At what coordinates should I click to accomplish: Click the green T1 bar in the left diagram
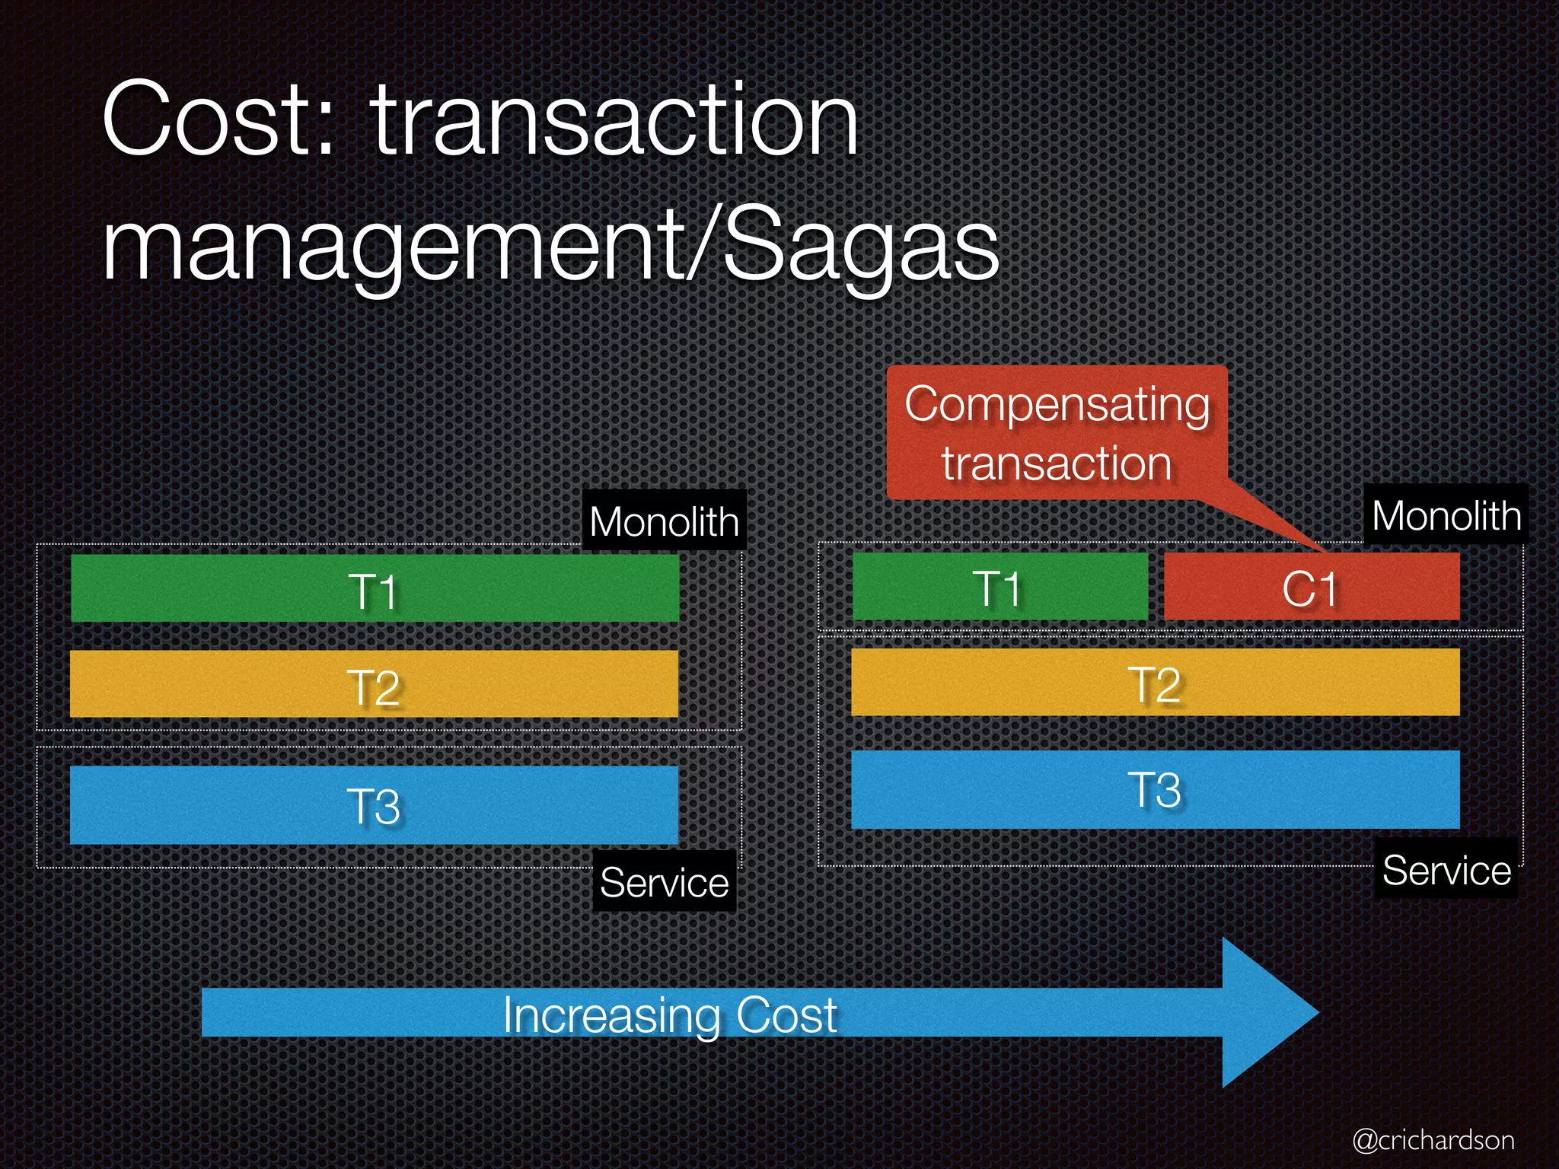(375, 588)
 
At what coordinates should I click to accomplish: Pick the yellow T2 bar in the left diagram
(374, 683)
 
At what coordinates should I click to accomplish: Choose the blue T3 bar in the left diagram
(374, 804)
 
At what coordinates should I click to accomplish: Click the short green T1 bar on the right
(999, 587)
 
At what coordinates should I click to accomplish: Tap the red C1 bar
(1311, 587)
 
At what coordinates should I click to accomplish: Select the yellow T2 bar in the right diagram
(1155, 682)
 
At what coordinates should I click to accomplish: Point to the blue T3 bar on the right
(1155, 789)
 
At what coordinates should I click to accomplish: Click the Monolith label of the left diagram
(664, 521)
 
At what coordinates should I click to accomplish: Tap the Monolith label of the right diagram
(1446, 515)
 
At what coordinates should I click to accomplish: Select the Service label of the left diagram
(664, 881)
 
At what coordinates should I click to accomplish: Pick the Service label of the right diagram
(1446, 869)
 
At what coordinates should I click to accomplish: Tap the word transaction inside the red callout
(1057, 463)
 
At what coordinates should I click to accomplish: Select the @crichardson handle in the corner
(1433, 1139)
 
